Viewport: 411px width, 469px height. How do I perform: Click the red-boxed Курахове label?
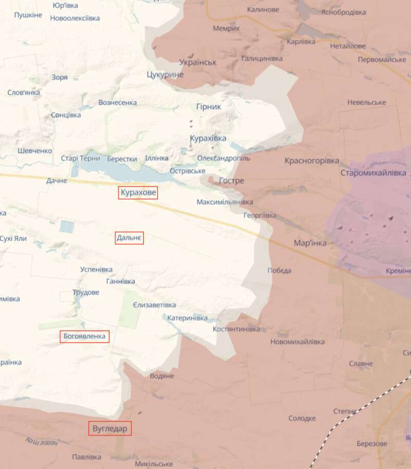(x=138, y=193)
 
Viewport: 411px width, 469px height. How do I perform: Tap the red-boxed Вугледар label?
(x=110, y=428)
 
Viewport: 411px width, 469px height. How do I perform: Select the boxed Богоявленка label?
(x=85, y=336)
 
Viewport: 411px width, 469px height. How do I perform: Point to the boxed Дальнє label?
(x=129, y=238)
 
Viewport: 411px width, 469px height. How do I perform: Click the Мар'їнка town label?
(x=310, y=242)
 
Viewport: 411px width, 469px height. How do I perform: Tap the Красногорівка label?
(x=312, y=161)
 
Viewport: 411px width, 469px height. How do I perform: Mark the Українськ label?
(x=198, y=62)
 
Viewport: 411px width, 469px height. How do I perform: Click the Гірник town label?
(x=208, y=107)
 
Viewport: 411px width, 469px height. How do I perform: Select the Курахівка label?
(x=208, y=139)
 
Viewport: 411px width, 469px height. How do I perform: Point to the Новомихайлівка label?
(x=297, y=342)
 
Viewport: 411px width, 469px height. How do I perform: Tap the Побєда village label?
(x=279, y=271)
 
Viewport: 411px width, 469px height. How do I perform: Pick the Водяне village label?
(x=162, y=376)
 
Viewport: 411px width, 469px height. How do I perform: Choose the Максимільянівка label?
(x=225, y=202)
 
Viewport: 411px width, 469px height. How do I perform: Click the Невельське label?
(x=366, y=103)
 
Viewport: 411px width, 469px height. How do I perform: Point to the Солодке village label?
(x=302, y=419)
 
